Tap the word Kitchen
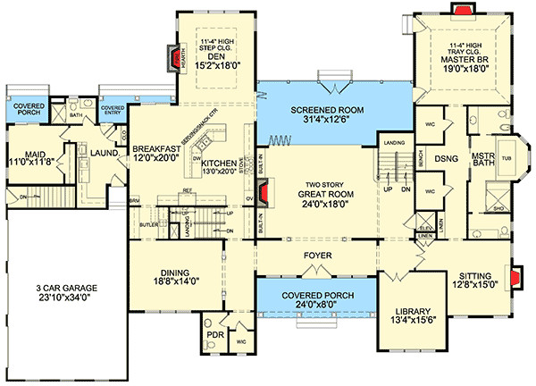pyautogui.click(x=219, y=164)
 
